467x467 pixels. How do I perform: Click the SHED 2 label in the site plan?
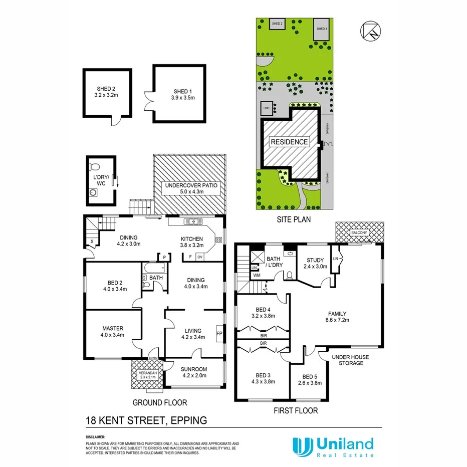277,24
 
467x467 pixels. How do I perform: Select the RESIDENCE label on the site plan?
289,142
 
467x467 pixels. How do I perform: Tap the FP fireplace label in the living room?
219,332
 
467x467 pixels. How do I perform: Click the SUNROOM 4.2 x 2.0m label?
193,372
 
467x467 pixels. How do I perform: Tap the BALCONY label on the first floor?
358,232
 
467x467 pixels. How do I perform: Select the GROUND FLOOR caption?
160,402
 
